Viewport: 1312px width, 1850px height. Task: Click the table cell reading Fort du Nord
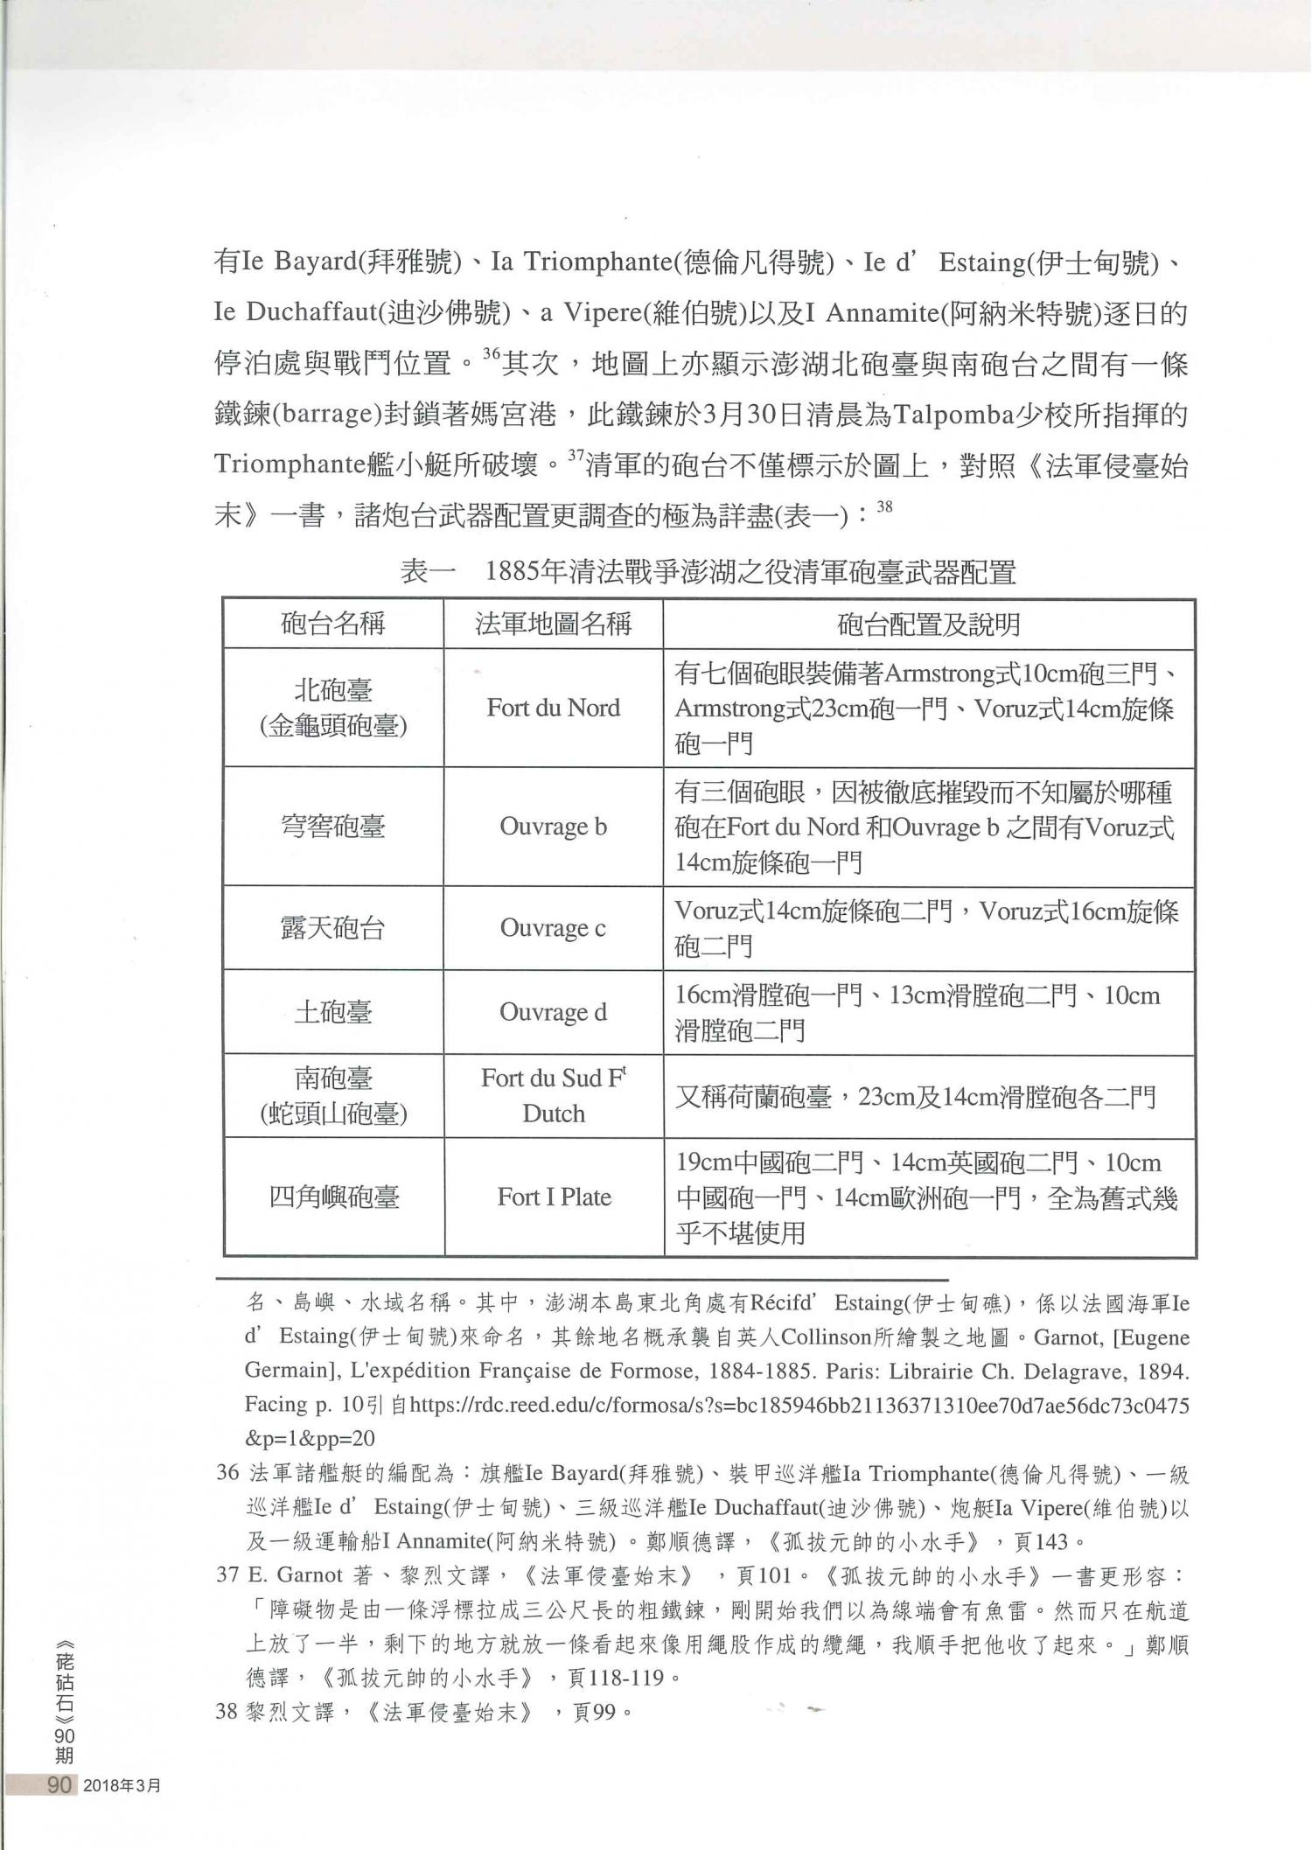coord(553,708)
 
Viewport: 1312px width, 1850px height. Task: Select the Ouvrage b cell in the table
coord(553,827)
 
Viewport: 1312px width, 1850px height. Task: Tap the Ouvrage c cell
coord(553,927)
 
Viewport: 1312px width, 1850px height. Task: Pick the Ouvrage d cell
coord(553,1012)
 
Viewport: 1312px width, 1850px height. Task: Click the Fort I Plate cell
coord(554,1197)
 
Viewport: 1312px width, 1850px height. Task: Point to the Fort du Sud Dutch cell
coord(554,1096)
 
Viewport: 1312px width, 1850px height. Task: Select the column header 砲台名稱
coord(332,624)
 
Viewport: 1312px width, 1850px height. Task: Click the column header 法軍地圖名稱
coord(553,624)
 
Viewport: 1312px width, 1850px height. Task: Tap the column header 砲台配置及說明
coord(928,624)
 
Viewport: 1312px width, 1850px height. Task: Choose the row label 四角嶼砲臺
coord(333,1197)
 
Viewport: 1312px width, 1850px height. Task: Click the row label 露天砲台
coord(332,927)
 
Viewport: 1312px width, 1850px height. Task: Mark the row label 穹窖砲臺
coord(332,827)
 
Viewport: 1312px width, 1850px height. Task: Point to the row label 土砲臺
coord(332,1012)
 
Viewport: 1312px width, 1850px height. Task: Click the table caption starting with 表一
coord(708,573)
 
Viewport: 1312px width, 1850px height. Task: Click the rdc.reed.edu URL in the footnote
coord(799,1406)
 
